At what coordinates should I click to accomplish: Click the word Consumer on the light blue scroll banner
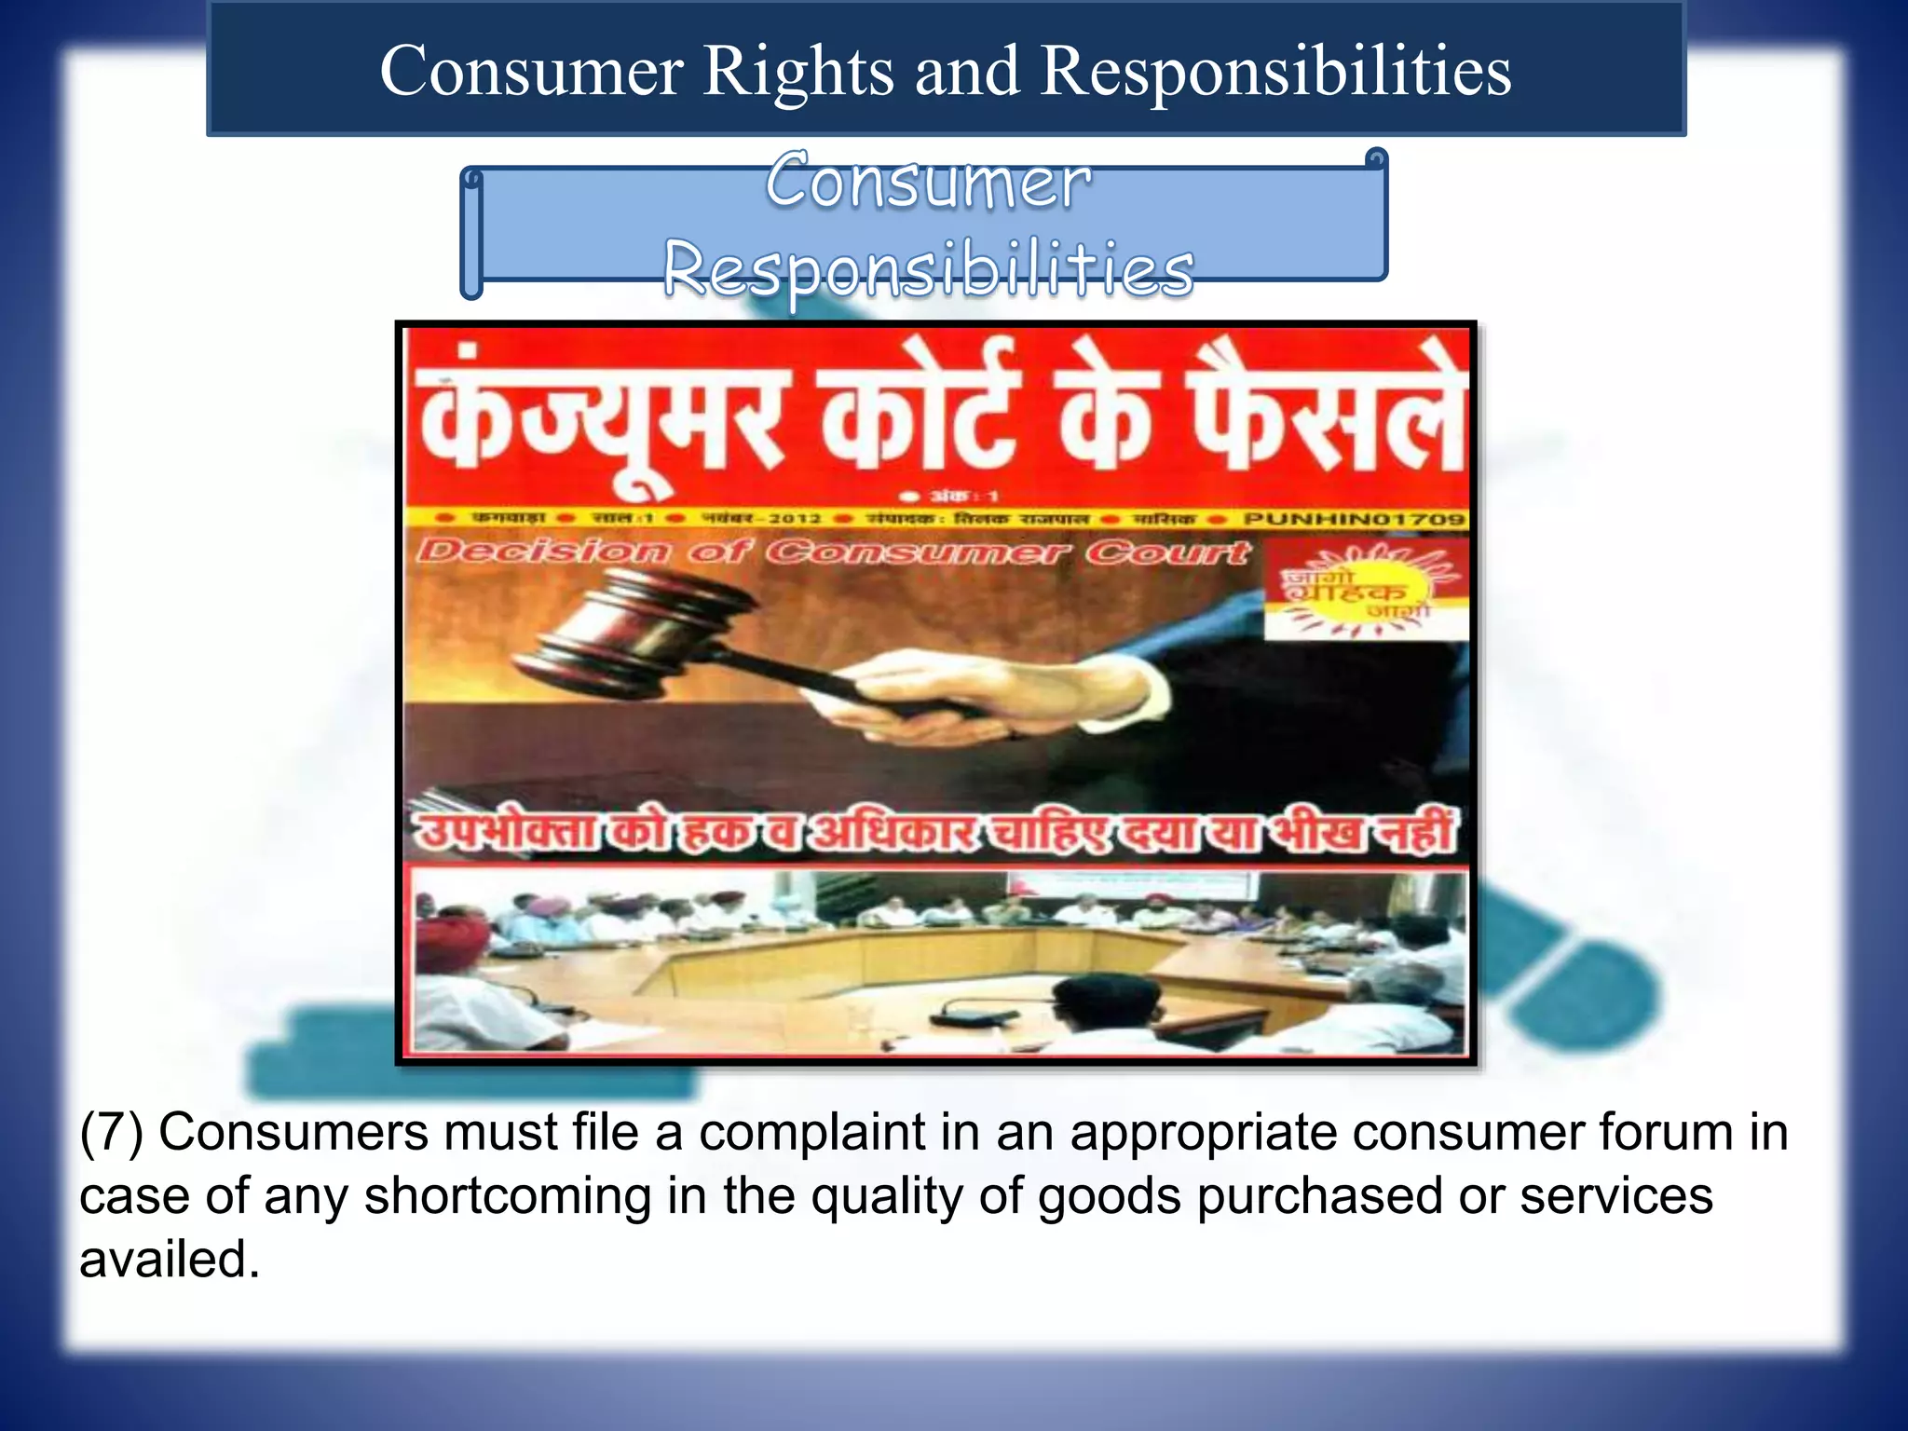click(x=928, y=181)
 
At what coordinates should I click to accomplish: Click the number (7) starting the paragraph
click(x=111, y=1133)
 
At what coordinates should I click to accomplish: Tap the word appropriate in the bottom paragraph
click(x=1203, y=1133)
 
